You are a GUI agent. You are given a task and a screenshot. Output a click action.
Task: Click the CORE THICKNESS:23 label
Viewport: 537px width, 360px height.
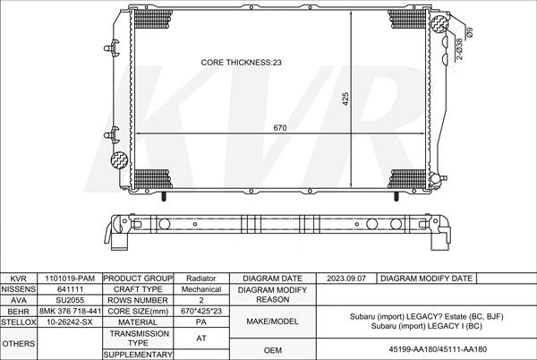[x=241, y=63]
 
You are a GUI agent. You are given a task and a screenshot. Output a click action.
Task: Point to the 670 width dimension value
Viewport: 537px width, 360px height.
[x=280, y=128]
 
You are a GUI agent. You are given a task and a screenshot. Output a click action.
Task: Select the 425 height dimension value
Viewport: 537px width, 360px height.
[x=345, y=99]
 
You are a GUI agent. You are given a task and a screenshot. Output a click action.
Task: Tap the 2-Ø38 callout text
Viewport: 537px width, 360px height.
[x=459, y=49]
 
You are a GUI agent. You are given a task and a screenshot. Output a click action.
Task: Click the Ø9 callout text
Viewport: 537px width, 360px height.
[x=470, y=32]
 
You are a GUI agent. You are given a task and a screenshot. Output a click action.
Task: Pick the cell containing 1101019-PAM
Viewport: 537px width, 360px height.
[x=70, y=279]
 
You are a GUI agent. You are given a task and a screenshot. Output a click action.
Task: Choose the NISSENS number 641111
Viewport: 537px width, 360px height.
[x=70, y=289]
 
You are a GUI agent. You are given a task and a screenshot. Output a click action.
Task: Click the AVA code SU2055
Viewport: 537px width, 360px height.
[x=70, y=300]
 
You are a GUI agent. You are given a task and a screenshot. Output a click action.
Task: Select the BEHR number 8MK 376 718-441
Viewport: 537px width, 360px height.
[x=70, y=312]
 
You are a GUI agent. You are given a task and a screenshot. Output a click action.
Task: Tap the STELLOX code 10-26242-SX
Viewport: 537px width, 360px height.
[x=70, y=322]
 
